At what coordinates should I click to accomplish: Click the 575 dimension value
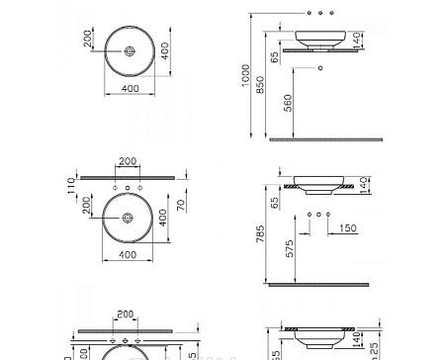[286, 250]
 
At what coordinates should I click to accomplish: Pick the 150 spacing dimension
[347, 228]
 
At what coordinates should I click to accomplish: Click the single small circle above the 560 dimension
[318, 67]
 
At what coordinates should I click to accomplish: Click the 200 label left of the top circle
[87, 39]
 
